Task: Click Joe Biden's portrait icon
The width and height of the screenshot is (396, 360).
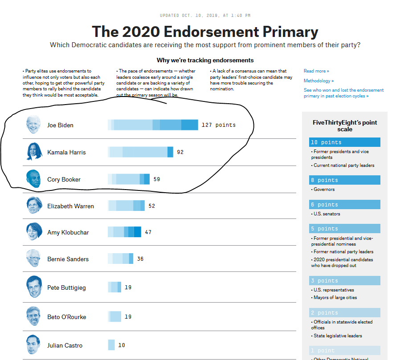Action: point(33,125)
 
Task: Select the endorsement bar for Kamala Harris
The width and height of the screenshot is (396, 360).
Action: point(140,152)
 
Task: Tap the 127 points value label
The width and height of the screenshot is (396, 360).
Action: point(218,125)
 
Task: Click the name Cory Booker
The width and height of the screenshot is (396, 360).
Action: point(63,179)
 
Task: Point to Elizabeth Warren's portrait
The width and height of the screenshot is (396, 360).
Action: point(33,206)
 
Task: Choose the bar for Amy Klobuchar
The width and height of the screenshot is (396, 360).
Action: point(124,232)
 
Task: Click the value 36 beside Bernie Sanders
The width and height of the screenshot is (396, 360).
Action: point(140,259)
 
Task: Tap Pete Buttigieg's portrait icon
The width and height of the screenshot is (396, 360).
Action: point(33,287)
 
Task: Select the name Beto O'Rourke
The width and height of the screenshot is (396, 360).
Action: point(66,317)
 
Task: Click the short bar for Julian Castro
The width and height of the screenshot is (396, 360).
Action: point(111,345)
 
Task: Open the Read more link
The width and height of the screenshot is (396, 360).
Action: point(316,71)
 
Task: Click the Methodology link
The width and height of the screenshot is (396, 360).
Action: point(318,81)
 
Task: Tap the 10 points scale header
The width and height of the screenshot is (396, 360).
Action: point(344,142)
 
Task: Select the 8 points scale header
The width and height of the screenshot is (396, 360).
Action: point(344,180)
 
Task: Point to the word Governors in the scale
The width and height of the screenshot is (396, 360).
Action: point(324,190)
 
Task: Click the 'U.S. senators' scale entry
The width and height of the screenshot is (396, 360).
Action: point(327,214)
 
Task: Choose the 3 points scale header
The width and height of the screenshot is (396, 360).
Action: point(344,281)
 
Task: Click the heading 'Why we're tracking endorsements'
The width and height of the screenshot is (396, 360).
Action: point(205,60)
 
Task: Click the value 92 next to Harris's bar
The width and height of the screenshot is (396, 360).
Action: point(180,152)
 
